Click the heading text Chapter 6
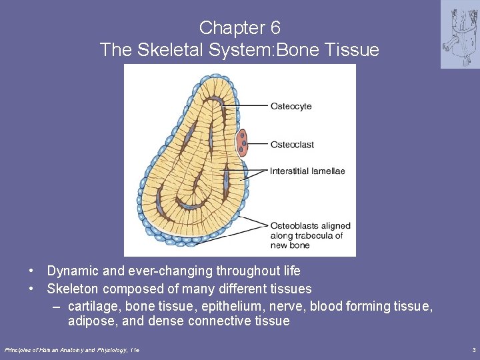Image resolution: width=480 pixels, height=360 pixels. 239,28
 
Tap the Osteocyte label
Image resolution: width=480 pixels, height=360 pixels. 291,106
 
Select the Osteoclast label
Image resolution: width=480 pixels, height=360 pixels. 292,145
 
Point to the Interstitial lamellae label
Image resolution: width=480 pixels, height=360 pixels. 307,171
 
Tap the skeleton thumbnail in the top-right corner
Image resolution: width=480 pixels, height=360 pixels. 459,35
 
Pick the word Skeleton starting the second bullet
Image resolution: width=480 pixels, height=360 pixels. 72,289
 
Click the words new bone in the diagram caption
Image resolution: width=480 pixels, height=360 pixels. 290,245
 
